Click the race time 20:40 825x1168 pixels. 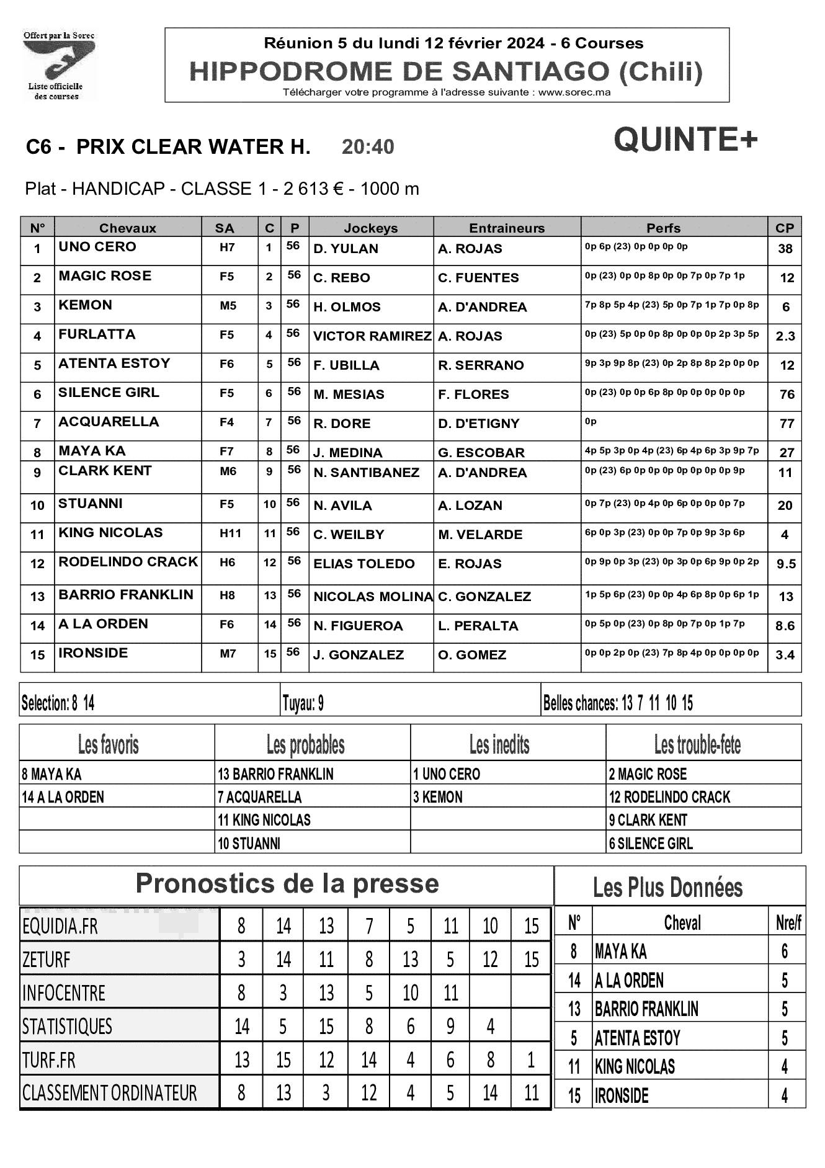[368, 147]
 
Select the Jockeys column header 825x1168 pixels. [370, 228]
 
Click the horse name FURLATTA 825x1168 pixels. [96, 334]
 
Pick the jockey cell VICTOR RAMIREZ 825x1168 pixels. [372, 336]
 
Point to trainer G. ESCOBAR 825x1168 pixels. [481, 452]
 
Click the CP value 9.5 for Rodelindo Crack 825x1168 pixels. [785, 564]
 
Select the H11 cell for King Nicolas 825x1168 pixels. [227, 532]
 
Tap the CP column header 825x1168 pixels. [784, 228]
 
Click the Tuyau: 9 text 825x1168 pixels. [303, 703]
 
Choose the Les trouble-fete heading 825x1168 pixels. [697, 744]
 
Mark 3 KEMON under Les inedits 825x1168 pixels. [438, 797]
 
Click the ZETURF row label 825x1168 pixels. [47, 960]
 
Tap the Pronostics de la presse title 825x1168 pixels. [287, 883]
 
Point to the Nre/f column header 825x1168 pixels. [788, 923]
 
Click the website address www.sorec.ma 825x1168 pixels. [574, 92]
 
